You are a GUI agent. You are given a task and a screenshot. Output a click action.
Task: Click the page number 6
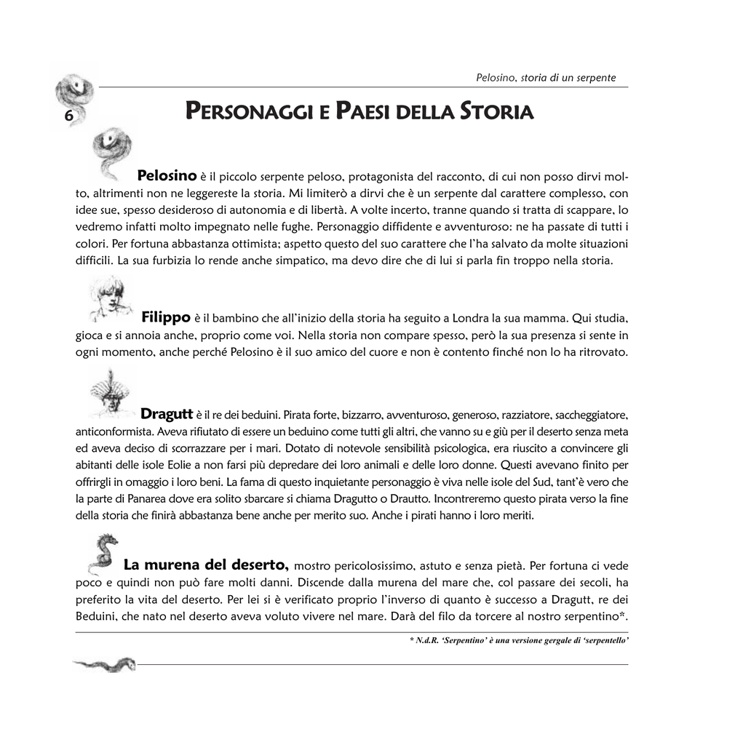[68, 116]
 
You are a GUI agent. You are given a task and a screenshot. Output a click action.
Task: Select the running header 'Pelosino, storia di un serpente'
[546, 77]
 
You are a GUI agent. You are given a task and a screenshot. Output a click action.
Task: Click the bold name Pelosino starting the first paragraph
[167, 175]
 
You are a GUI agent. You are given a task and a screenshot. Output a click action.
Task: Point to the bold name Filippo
[166, 316]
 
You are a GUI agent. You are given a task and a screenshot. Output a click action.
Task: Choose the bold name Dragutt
[166, 414]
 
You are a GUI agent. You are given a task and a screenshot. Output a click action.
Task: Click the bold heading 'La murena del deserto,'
[207, 565]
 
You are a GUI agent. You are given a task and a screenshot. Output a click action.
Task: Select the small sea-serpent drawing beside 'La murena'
[102, 552]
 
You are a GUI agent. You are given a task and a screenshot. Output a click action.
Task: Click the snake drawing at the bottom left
[105, 663]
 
